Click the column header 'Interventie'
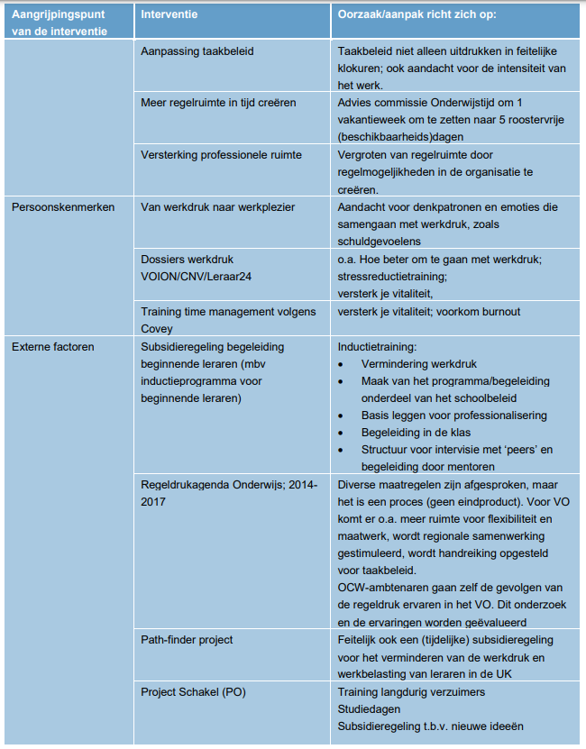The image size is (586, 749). click(170, 14)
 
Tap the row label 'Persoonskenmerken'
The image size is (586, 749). click(62, 207)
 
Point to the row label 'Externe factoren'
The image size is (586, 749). click(52, 345)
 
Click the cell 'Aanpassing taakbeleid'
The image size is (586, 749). click(197, 51)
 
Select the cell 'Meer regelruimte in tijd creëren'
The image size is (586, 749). click(218, 103)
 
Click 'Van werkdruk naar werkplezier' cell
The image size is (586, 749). click(218, 207)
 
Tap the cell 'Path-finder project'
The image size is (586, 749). click(187, 640)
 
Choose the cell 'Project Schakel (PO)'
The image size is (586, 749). click(193, 692)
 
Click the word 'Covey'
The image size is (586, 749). click(157, 328)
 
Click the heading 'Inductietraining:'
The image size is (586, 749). click(379, 346)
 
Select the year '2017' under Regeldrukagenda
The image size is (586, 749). click(153, 501)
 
